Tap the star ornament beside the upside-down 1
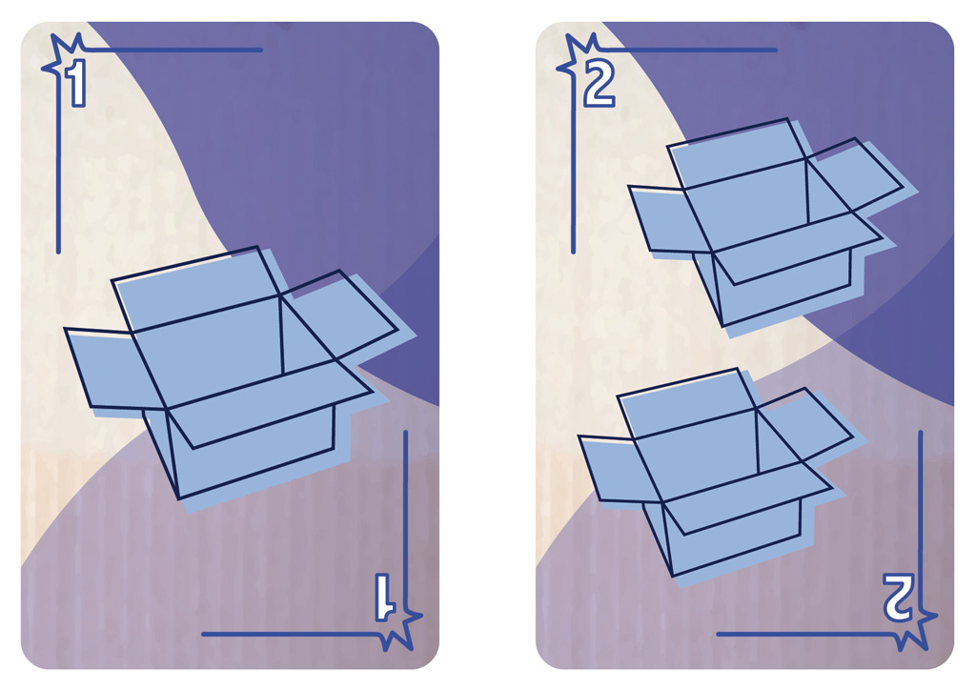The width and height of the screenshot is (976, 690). (398, 628)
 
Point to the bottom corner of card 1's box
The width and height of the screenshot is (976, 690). (178, 499)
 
